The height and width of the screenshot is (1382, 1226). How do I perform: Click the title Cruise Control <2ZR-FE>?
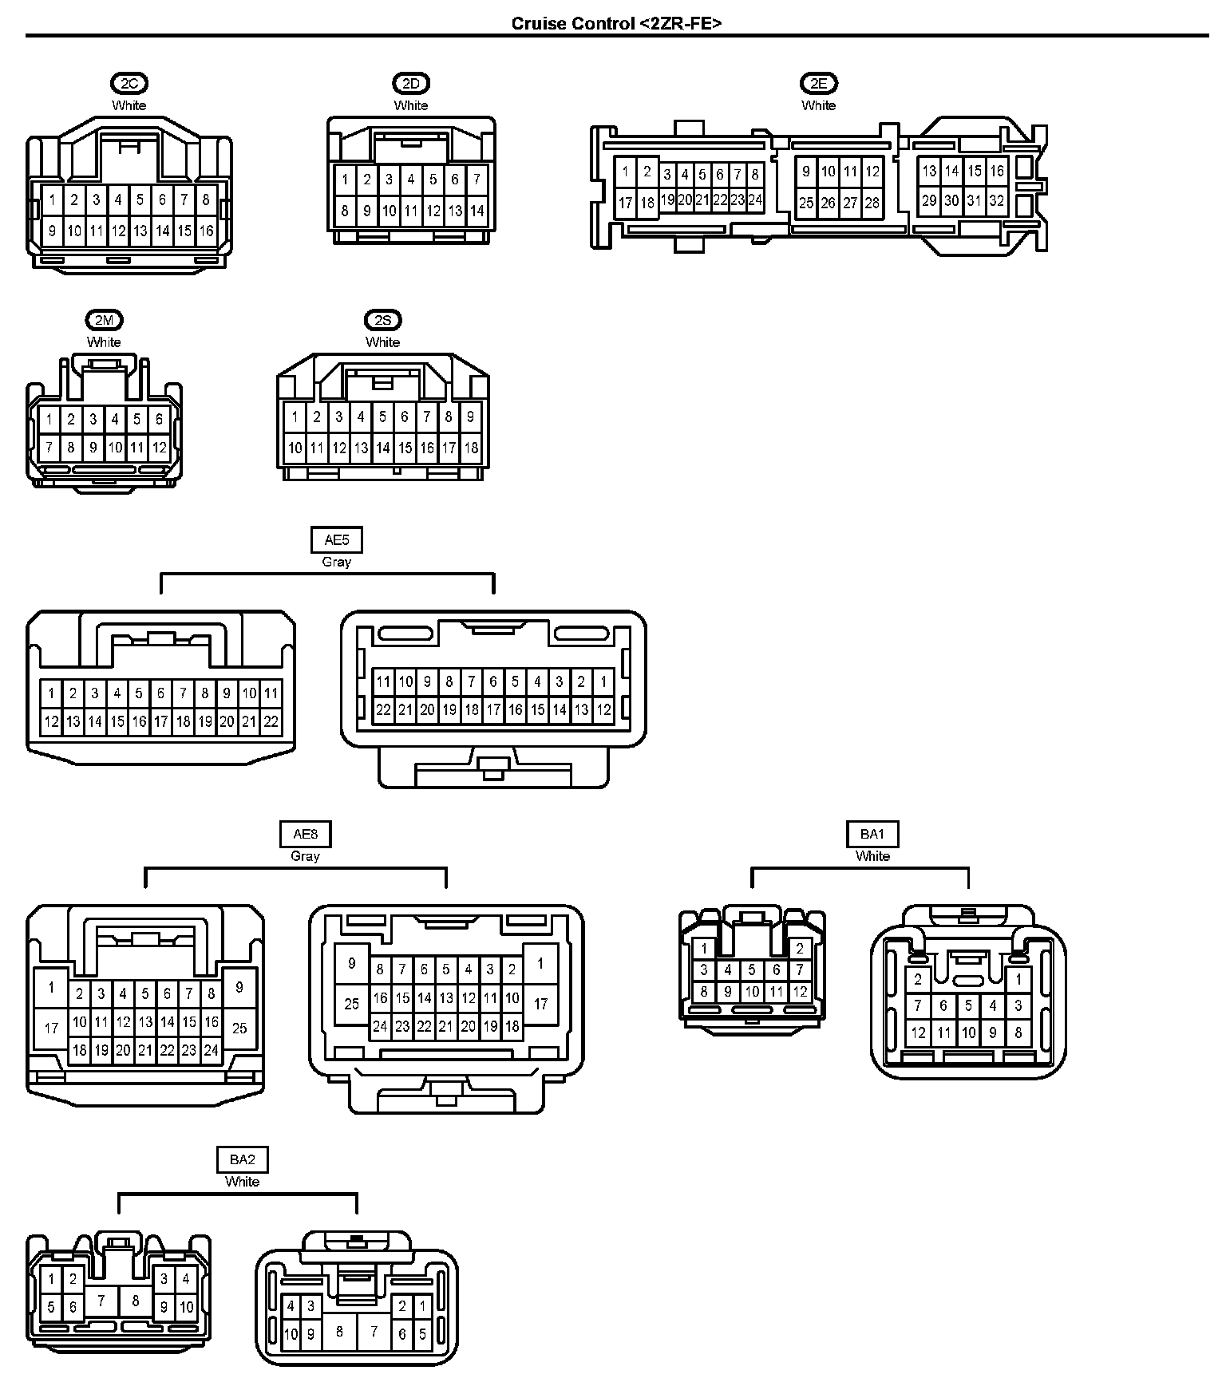coord(616,23)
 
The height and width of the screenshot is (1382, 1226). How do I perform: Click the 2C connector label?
coord(129,83)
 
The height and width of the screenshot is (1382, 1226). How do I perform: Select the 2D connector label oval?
coord(411,83)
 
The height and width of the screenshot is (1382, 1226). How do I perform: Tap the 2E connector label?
coord(818,83)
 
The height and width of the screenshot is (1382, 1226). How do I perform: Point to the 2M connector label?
coord(104,320)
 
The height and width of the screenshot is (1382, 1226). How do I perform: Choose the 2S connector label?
coord(383,320)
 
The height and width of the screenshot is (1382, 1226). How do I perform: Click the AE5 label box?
coord(336,540)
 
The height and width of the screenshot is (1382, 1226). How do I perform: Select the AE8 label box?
coord(305,835)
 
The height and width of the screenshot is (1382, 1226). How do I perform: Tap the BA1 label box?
coord(872,835)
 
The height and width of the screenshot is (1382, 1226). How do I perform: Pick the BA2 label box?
coord(242,1160)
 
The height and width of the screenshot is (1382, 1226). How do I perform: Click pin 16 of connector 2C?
coord(206,231)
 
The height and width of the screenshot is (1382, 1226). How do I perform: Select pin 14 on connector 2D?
coord(477,211)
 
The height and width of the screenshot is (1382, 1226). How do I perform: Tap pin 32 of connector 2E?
coord(996,201)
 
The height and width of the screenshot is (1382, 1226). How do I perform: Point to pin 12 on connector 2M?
coord(159,448)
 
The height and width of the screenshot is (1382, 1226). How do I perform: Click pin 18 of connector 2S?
coord(471,448)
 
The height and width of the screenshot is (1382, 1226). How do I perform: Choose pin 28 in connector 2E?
coord(872,203)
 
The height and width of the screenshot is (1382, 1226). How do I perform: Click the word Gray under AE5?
coord(336,562)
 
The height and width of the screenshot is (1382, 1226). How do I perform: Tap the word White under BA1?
coord(872,856)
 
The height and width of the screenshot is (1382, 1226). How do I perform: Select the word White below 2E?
coord(818,105)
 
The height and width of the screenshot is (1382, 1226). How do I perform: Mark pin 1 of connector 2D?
coord(345,180)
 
